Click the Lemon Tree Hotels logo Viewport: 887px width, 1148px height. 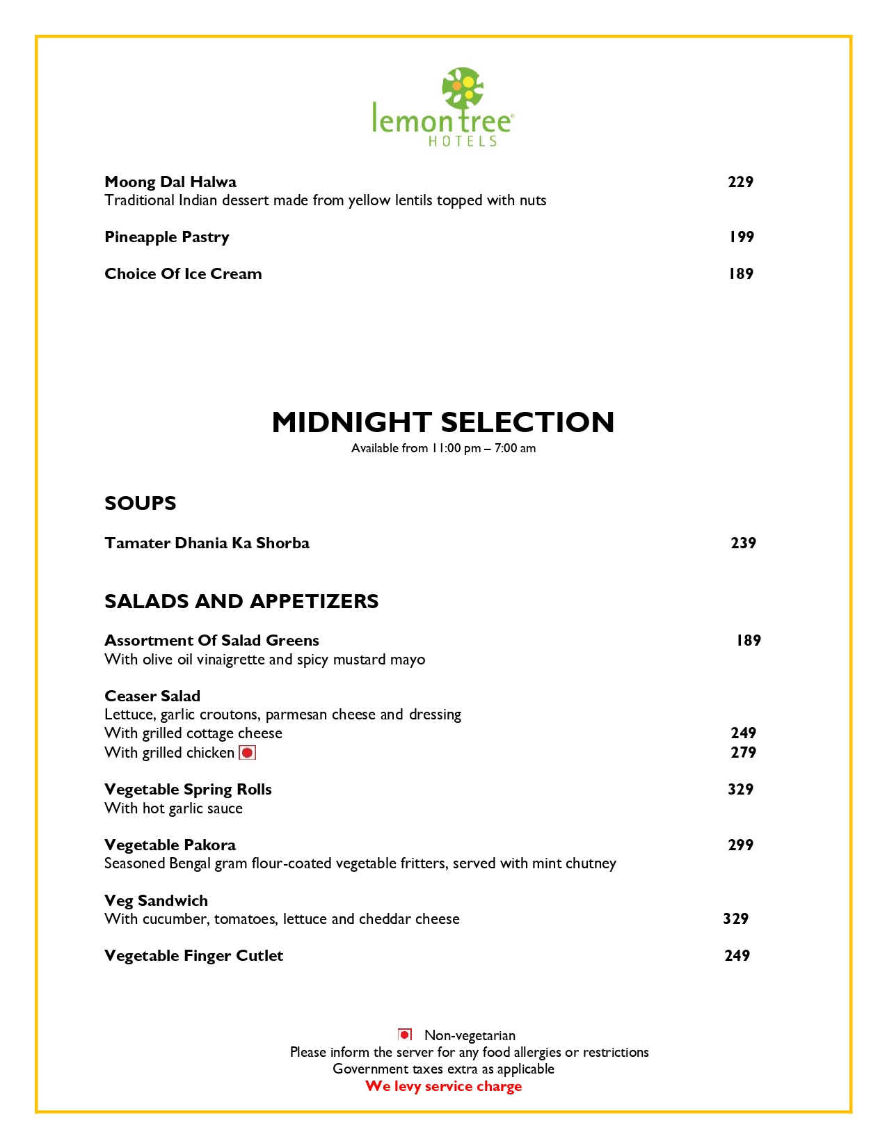[443, 108]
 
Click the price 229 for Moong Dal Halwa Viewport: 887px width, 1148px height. [740, 182]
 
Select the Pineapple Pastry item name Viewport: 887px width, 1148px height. [167, 237]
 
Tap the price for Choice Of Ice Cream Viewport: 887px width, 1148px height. [741, 274]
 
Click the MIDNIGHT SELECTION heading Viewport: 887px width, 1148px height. [443, 422]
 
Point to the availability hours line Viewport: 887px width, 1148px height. [443, 448]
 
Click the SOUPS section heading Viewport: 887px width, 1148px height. [141, 503]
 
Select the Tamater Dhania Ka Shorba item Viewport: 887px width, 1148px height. [207, 543]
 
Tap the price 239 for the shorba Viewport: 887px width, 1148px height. [743, 543]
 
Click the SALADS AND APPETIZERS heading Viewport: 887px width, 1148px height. [241, 601]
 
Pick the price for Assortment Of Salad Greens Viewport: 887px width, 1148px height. [749, 641]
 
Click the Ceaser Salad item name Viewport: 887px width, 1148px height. [152, 696]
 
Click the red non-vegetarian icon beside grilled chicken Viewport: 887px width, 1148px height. [248, 753]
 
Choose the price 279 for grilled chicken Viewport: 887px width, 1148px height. [743, 753]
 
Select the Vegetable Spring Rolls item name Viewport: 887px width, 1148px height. [188, 790]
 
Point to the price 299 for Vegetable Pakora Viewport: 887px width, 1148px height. [740, 845]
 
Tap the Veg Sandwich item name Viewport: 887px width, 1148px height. [156, 901]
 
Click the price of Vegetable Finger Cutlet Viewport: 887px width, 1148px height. [737, 956]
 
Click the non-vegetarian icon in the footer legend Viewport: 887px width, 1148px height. [405, 1035]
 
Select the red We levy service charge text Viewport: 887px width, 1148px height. [443, 1087]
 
